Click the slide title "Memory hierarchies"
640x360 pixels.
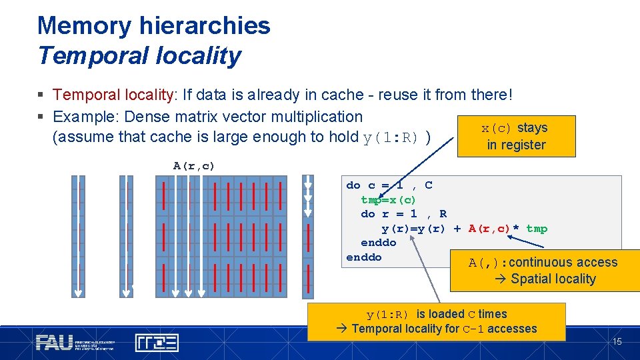click(154, 26)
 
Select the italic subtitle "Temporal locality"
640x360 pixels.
click(139, 55)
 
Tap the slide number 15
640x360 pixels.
click(617, 342)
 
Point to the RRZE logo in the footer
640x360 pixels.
click(157, 343)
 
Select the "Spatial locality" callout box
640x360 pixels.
click(545, 270)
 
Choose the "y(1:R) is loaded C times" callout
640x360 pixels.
click(436, 321)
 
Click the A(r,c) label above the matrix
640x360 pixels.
click(194, 166)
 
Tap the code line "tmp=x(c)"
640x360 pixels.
click(388, 200)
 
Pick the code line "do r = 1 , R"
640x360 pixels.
click(403, 214)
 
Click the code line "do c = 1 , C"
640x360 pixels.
click(389, 185)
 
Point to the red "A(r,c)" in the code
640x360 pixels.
click(489, 229)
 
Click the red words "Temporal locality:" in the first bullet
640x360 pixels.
click(113, 95)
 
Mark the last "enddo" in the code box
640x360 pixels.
click(364, 257)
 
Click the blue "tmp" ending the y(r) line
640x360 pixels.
click(537, 229)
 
